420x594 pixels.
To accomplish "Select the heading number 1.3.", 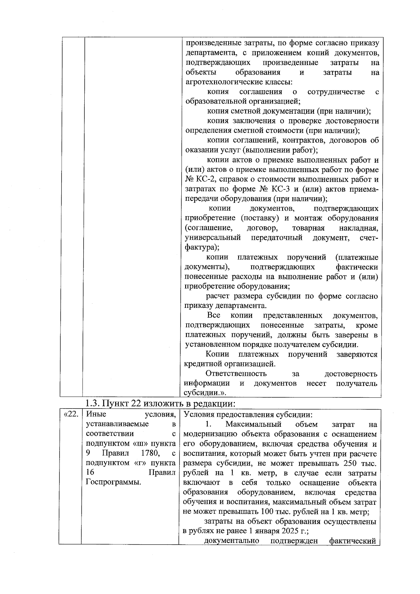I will (93, 403).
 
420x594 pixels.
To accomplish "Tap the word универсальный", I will (213, 238).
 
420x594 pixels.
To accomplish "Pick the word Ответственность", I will (236, 374).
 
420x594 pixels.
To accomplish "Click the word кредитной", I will (201, 364).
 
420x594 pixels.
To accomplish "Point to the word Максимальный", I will (253, 424).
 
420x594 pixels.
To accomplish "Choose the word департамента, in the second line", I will (207, 53).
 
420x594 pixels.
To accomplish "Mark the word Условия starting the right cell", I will (198, 415).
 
